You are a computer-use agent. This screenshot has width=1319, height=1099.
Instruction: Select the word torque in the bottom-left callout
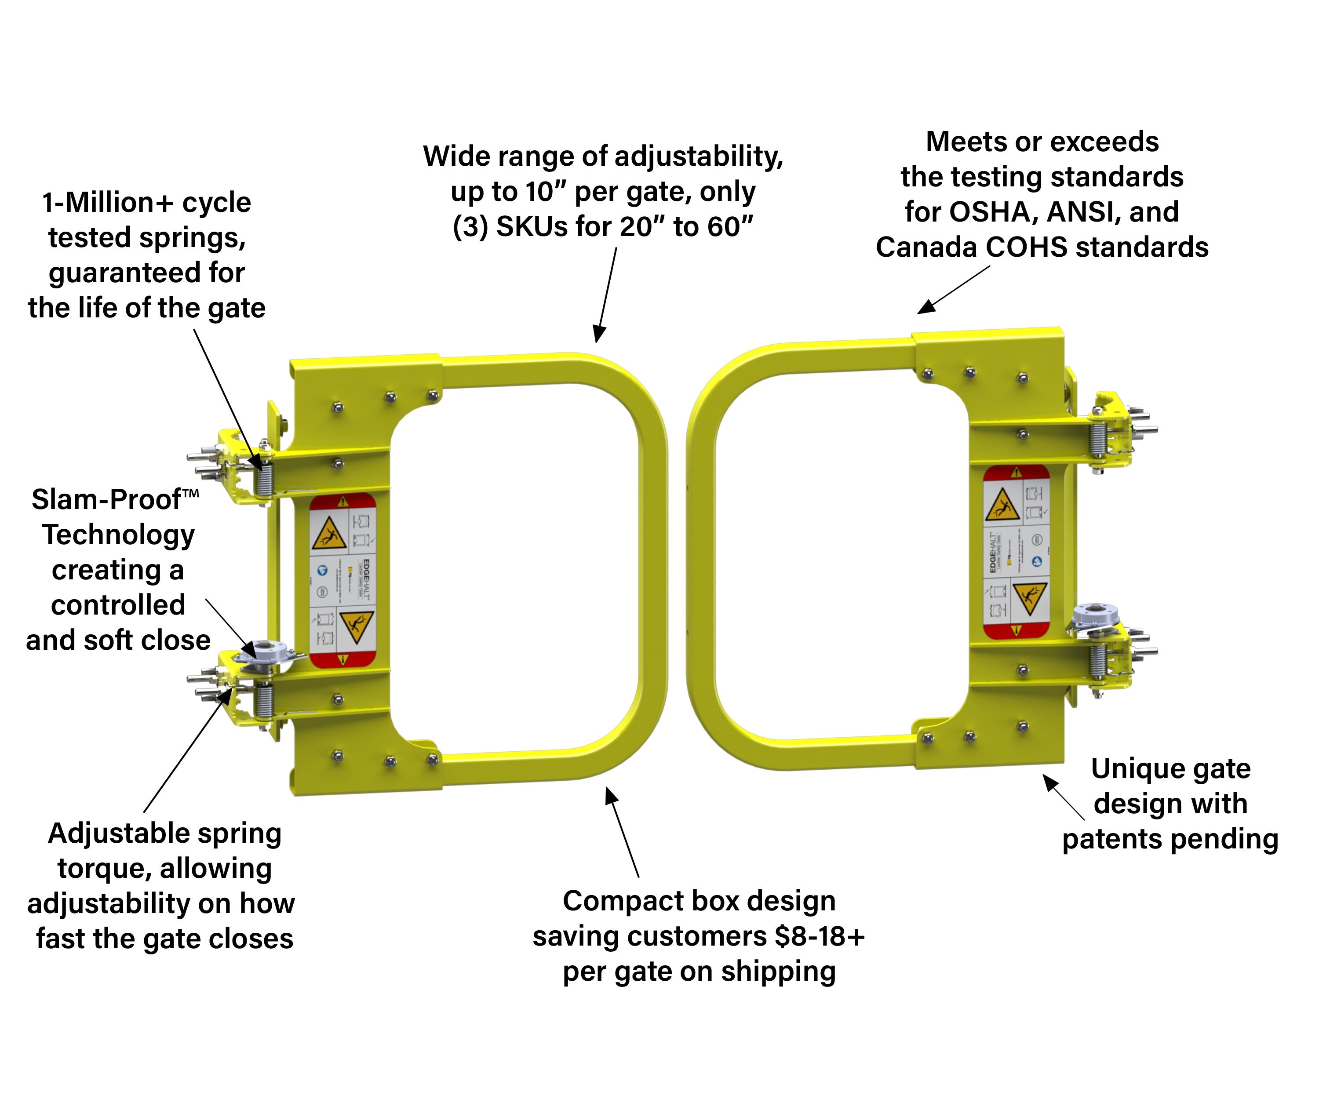point(104,869)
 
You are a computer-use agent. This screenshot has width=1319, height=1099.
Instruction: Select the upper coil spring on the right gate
point(1097,440)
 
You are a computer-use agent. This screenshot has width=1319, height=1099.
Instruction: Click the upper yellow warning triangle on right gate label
point(1002,506)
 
